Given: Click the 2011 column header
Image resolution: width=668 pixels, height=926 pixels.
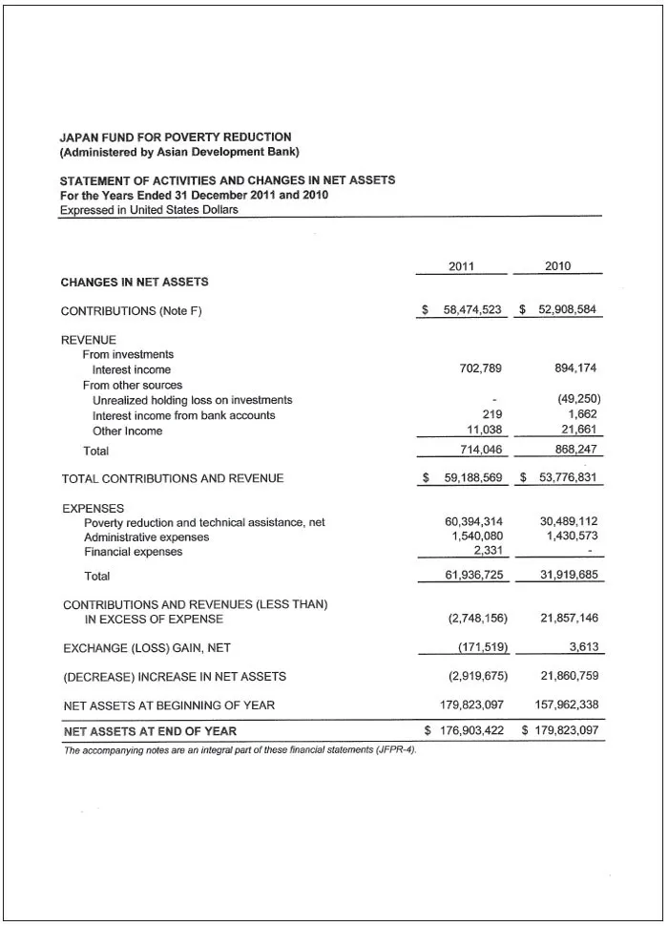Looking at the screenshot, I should pos(461,266).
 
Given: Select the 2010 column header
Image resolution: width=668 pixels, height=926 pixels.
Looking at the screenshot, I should pos(558,266).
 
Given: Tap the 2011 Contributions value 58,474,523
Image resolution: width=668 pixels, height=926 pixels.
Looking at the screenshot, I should pos(472,311).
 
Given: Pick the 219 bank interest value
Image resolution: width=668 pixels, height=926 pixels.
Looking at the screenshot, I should pos(492,415).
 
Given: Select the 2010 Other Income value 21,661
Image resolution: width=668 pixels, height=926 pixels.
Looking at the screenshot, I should pos(579,431).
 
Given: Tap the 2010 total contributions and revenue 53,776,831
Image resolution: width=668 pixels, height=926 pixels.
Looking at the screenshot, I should pos(569,478).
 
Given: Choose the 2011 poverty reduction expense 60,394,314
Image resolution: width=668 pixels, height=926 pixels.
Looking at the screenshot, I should pos(473,521).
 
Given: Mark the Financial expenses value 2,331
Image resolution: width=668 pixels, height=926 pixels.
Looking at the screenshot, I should pos(488,551).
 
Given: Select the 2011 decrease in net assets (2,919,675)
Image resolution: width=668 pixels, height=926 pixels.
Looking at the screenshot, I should pos(477,677).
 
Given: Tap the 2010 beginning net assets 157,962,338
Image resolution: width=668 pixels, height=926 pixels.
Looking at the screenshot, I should pos(565,705).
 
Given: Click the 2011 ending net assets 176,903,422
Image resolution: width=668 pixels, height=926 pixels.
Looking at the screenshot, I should pos(472,731).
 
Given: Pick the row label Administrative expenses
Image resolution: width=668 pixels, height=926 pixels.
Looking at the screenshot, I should pos(147,537).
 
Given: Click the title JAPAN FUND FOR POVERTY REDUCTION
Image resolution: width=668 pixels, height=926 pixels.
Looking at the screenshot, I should pos(176,137).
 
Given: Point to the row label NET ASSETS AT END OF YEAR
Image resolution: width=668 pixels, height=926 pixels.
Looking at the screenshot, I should pos(150,731).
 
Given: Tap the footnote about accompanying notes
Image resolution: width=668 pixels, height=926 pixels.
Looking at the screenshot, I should pos(240,749).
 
